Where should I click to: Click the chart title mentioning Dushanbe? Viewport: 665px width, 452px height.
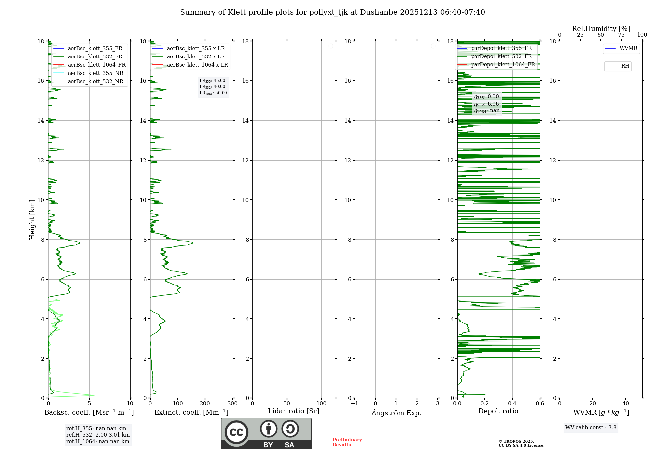[332, 12]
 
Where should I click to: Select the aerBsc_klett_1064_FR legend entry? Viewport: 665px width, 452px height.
[96, 65]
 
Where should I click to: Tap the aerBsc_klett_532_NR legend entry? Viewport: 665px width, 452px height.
[95, 82]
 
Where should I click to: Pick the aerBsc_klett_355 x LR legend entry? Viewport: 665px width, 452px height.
[196, 49]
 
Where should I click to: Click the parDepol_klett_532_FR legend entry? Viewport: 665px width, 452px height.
[501, 56]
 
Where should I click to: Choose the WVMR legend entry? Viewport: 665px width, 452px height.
[628, 48]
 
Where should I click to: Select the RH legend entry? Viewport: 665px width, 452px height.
[625, 66]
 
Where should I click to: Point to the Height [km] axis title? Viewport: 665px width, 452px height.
[32, 219]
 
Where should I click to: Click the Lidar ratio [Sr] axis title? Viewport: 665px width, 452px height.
[294, 411]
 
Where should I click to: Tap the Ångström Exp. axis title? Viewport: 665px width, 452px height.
[396, 413]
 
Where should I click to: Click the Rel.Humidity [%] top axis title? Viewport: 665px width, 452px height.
[601, 29]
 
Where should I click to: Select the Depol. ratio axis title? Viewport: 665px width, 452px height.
[498, 411]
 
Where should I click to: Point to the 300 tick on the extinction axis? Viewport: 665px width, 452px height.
[233, 404]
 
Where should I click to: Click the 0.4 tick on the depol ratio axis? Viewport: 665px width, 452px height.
[512, 404]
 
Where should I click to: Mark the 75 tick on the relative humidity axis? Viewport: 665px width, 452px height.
[621, 35]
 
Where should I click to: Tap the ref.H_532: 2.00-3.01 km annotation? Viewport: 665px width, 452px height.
[98, 435]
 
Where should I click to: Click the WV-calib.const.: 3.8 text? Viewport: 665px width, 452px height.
[591, 428]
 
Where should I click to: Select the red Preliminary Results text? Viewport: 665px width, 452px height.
[347, 442]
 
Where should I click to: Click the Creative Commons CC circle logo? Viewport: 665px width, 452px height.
[236, 432]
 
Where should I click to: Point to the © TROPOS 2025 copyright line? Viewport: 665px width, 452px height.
[516, 442]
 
